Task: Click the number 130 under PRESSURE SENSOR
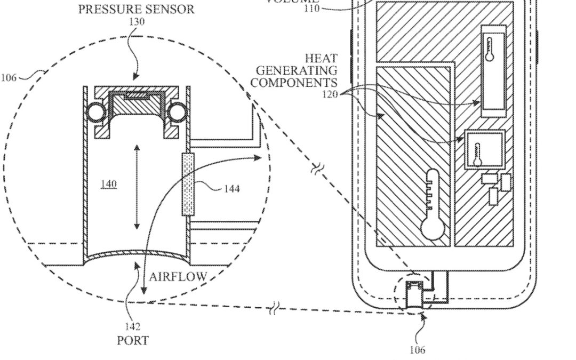136,22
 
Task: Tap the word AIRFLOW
178,276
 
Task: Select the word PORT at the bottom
133,340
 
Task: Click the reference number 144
232,188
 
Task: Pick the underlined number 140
108,184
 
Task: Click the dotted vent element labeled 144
187,184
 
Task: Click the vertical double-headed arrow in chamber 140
137,187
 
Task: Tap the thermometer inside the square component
478,152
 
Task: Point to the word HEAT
322,58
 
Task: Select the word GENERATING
297,70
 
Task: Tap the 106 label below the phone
417,350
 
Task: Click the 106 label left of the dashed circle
9,78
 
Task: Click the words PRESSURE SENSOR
137,10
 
